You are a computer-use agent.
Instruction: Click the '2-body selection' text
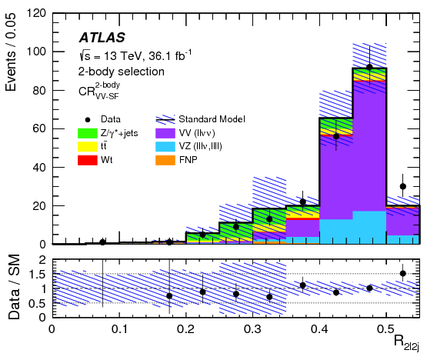(121, 72)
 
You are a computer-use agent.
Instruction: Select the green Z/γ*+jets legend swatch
(90, 132)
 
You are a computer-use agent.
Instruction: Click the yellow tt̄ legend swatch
(90, 146)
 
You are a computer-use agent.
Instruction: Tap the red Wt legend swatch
(90, 159)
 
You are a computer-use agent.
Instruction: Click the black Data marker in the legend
(90, 119)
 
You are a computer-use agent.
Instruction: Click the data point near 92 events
(369, 67)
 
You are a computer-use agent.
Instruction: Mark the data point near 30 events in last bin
(402, 186)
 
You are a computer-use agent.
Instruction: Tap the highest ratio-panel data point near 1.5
(402, 273)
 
